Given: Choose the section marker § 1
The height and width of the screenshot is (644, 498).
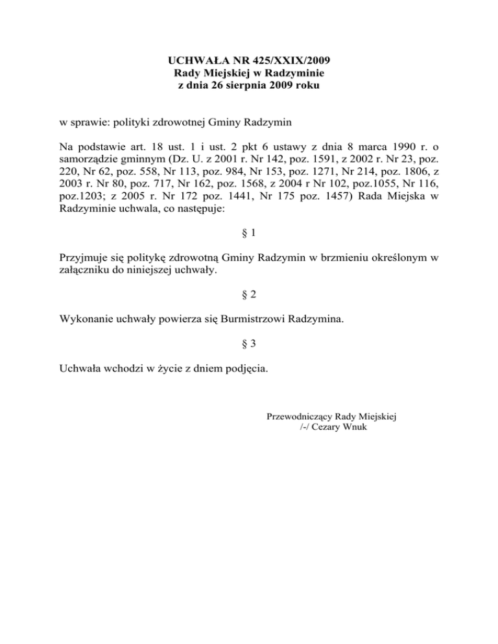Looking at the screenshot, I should (x=248, y=232).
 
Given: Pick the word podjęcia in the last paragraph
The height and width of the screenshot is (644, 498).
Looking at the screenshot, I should (x=244, y=369).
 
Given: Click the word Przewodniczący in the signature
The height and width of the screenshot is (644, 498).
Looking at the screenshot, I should (x=300, y=417).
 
